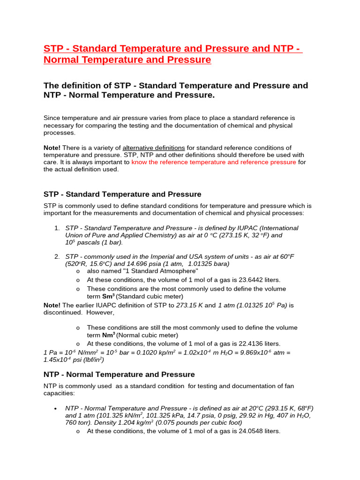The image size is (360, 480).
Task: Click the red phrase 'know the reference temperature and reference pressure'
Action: tap(214, 162)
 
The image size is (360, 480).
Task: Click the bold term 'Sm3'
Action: tap(109, 296)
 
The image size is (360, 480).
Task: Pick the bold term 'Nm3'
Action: tap(109, 335)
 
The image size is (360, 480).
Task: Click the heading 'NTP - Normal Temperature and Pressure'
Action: tap(119, 375)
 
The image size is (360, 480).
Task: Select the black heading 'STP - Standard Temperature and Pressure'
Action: tap(122, 194)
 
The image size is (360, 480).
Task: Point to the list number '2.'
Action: tap(57, 256)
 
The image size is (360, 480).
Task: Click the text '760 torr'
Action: tap(77, 422)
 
